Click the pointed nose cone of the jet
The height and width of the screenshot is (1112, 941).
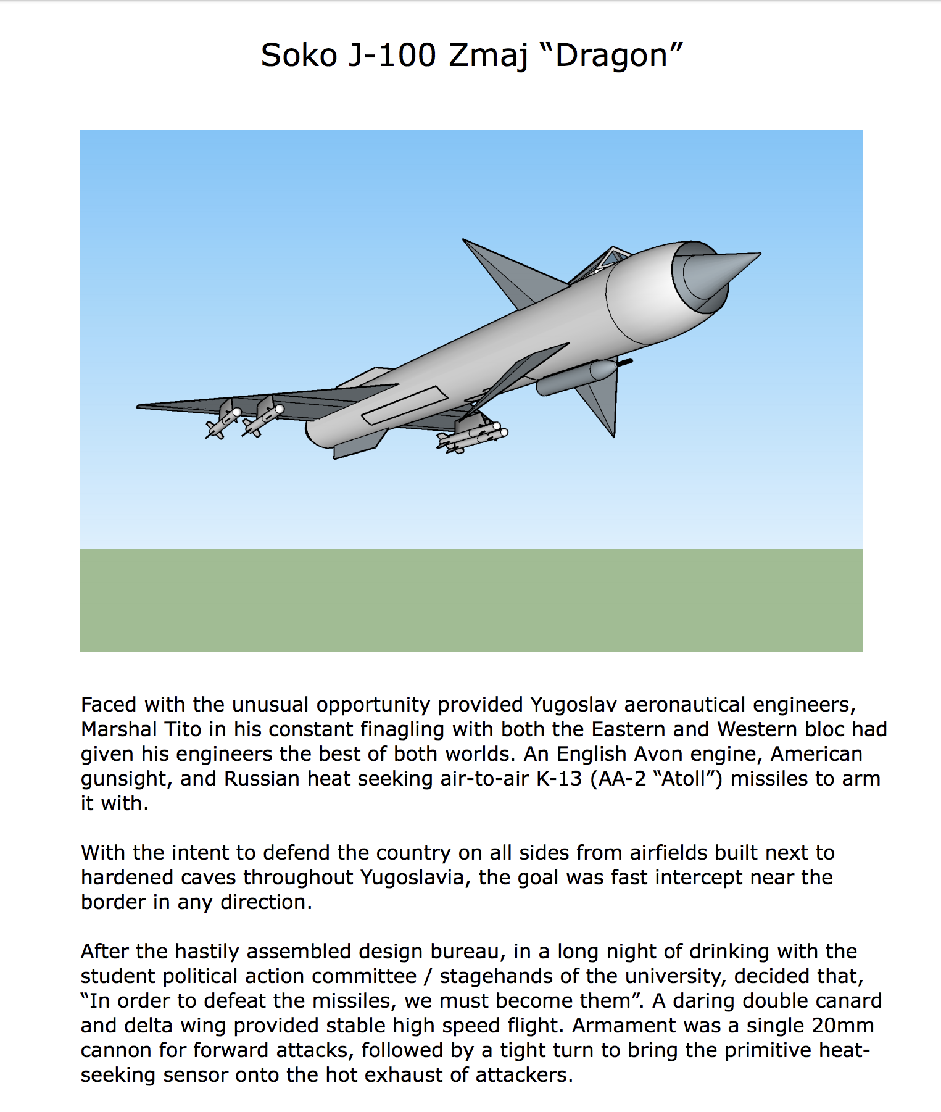[x=722, y=272]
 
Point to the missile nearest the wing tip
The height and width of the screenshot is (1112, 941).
[x=222, y=424]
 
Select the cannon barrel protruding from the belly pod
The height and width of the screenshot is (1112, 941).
[x=624, y=363]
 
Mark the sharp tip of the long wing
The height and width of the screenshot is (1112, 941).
[x=139, y=406]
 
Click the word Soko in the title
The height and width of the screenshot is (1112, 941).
[x=299, y=56]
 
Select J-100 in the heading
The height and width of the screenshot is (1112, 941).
[x=392, y=56]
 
